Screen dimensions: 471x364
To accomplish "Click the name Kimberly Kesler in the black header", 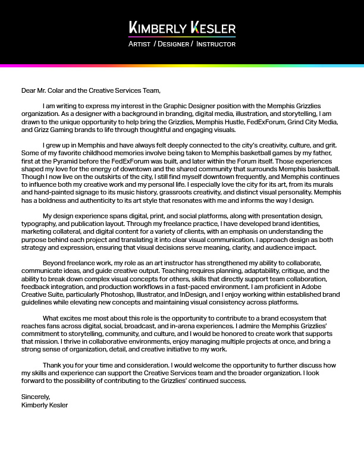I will point(182,28).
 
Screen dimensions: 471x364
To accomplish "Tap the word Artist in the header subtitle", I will point(139,44).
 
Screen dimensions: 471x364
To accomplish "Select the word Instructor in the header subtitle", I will point(216,44).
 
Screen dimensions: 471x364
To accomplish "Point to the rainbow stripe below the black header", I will point(182,65).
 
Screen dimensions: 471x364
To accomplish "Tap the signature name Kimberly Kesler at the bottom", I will point(45,405).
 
